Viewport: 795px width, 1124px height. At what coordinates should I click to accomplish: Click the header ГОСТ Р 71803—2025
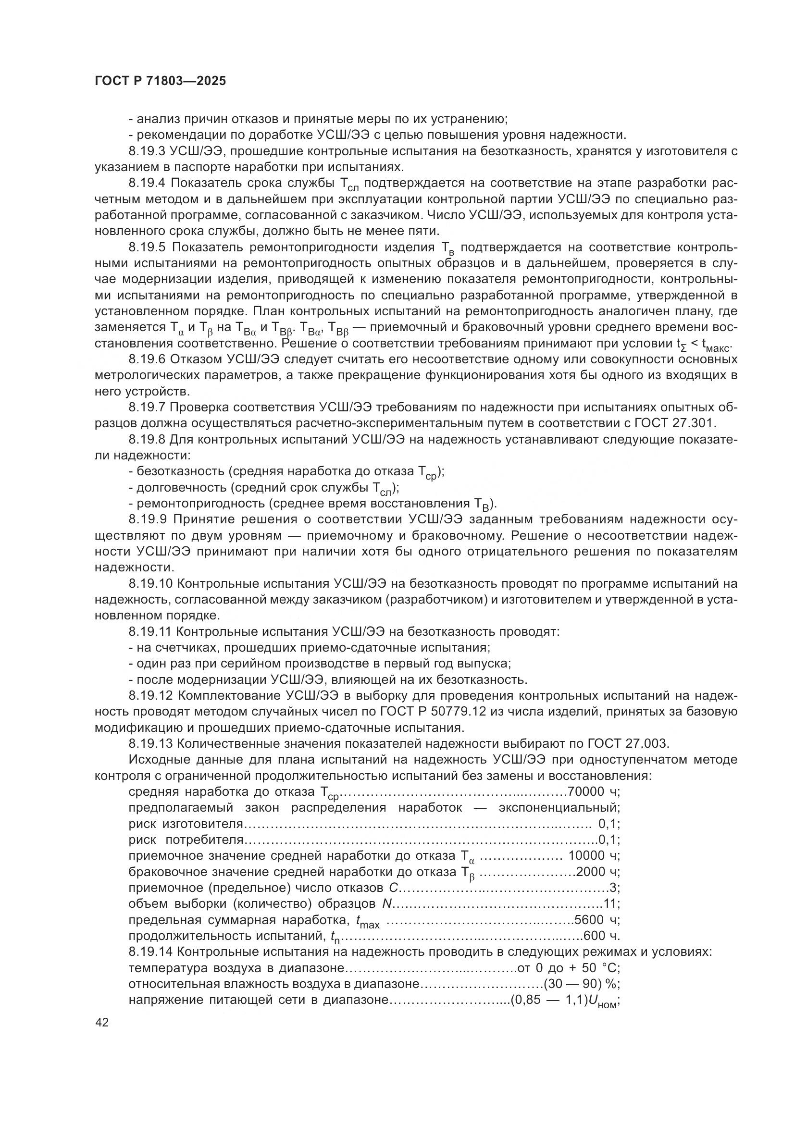pos(160,81)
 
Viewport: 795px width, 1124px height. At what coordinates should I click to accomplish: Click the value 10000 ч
pos(594,856)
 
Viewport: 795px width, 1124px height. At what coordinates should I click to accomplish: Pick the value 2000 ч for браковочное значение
pos(598,872)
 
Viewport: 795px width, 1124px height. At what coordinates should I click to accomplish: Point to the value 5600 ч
pos(597,920)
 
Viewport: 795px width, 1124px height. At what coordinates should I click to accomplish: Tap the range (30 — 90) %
pos(582,984)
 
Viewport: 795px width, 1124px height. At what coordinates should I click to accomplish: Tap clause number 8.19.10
pos(150,583)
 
